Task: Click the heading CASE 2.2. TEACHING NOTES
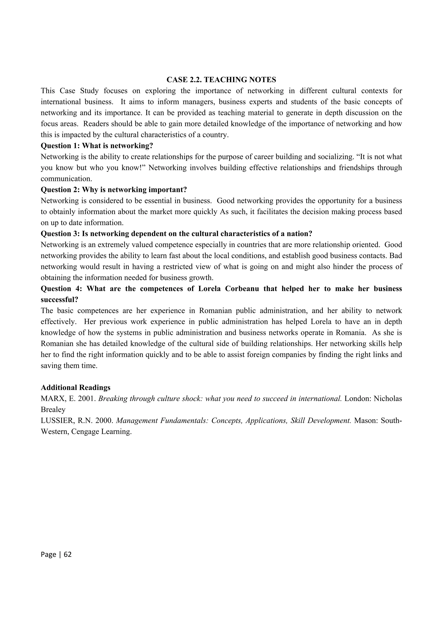click(x=221, y=80)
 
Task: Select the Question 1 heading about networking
click(x=97, y=146)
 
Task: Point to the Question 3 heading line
click(x=176, y=234)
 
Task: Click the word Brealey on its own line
click(x=53, y=410)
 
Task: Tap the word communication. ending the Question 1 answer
click(x=66, y=179)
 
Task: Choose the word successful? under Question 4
click(x=59, y=300)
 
